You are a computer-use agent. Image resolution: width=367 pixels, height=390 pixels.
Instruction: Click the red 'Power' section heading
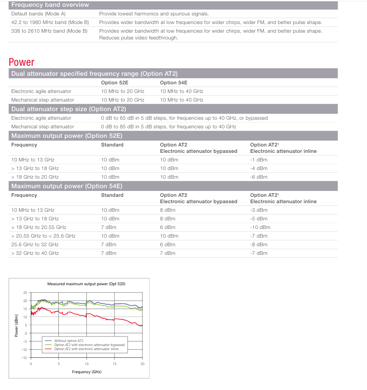click(x=21, y=62)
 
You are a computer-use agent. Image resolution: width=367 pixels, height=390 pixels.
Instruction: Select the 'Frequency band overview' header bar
click(x=50, y=5)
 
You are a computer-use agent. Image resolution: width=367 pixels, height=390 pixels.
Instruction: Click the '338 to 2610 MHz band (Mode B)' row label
click(x=50, y=31)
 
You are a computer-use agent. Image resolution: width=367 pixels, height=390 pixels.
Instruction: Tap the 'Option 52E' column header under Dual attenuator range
click(x=114, y=83)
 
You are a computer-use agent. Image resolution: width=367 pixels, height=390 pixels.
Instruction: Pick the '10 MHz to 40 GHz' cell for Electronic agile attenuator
click(x=181, y=91)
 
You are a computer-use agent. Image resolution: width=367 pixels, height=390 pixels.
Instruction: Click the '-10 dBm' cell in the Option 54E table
click(x=260, y=227)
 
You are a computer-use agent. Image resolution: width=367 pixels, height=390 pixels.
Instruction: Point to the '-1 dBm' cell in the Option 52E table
click(x=259, y=160)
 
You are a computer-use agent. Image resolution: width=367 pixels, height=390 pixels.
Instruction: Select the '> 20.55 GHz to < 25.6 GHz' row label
click(x=43, y=236)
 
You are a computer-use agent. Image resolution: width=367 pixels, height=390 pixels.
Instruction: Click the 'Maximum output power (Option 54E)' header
click(x=67, y=186)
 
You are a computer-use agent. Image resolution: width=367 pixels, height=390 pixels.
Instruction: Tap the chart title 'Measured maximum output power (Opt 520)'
click(x=86, y=284)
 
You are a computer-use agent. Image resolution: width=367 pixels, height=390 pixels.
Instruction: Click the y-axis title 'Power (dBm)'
click(x=16, y=325)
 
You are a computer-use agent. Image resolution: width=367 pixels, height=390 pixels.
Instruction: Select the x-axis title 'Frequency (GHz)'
click(x=86, y=372)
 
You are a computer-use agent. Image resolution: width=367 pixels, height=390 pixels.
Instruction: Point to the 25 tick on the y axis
click(x=26, y=292)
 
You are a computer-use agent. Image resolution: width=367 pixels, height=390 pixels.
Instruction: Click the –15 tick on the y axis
click(x=25, y=358)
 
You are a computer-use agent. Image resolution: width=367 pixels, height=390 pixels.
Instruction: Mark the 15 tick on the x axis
click(x=114, y=364)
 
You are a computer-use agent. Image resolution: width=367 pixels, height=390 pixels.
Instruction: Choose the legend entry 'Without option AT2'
click(x=69, y=340)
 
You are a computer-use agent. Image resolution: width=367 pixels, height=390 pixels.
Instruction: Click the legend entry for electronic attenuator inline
click(x=86, y=349)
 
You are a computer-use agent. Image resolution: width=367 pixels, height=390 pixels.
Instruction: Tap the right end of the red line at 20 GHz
click(x=142, y=326)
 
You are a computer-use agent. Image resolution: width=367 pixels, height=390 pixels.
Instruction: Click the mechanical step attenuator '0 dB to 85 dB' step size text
click(x=168, y=127)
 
